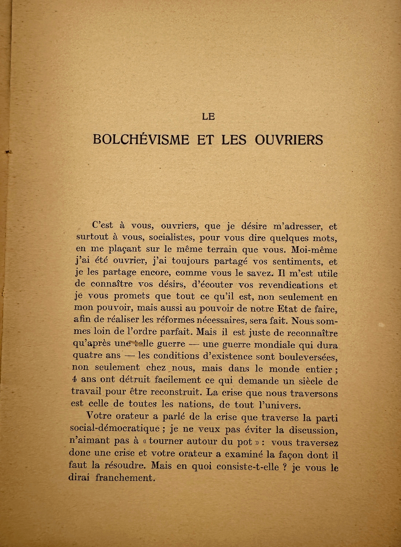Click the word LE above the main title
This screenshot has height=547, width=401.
point(209,117)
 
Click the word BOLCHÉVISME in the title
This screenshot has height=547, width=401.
point(141,140)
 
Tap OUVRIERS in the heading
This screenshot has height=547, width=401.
point(289,140)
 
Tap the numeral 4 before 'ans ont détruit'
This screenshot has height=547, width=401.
point(75,379)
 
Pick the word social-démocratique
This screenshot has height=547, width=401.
point(114,428)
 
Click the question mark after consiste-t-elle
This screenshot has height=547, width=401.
point(284,467)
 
